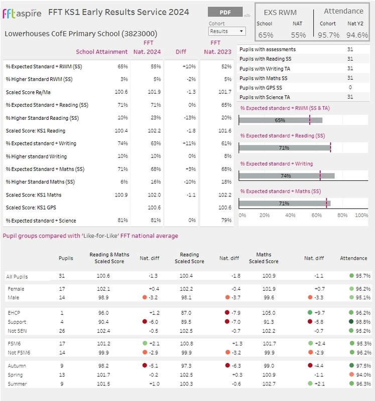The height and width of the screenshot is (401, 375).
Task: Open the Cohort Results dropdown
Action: [x=227, y=31]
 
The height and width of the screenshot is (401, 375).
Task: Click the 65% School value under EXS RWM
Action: [x=266, y=35]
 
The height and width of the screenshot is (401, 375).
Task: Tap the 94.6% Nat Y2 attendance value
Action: [x=357, y=35]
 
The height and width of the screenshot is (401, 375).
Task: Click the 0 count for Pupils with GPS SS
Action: [x=350, y=88]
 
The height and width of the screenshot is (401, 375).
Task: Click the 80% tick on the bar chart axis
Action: [x=342, y=215]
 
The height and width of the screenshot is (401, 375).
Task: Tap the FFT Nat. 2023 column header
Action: [x=215, y=47]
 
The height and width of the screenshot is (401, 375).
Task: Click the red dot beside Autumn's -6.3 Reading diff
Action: [x=226, y=365]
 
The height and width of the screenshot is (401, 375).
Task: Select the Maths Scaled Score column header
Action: [x=264, y=258]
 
